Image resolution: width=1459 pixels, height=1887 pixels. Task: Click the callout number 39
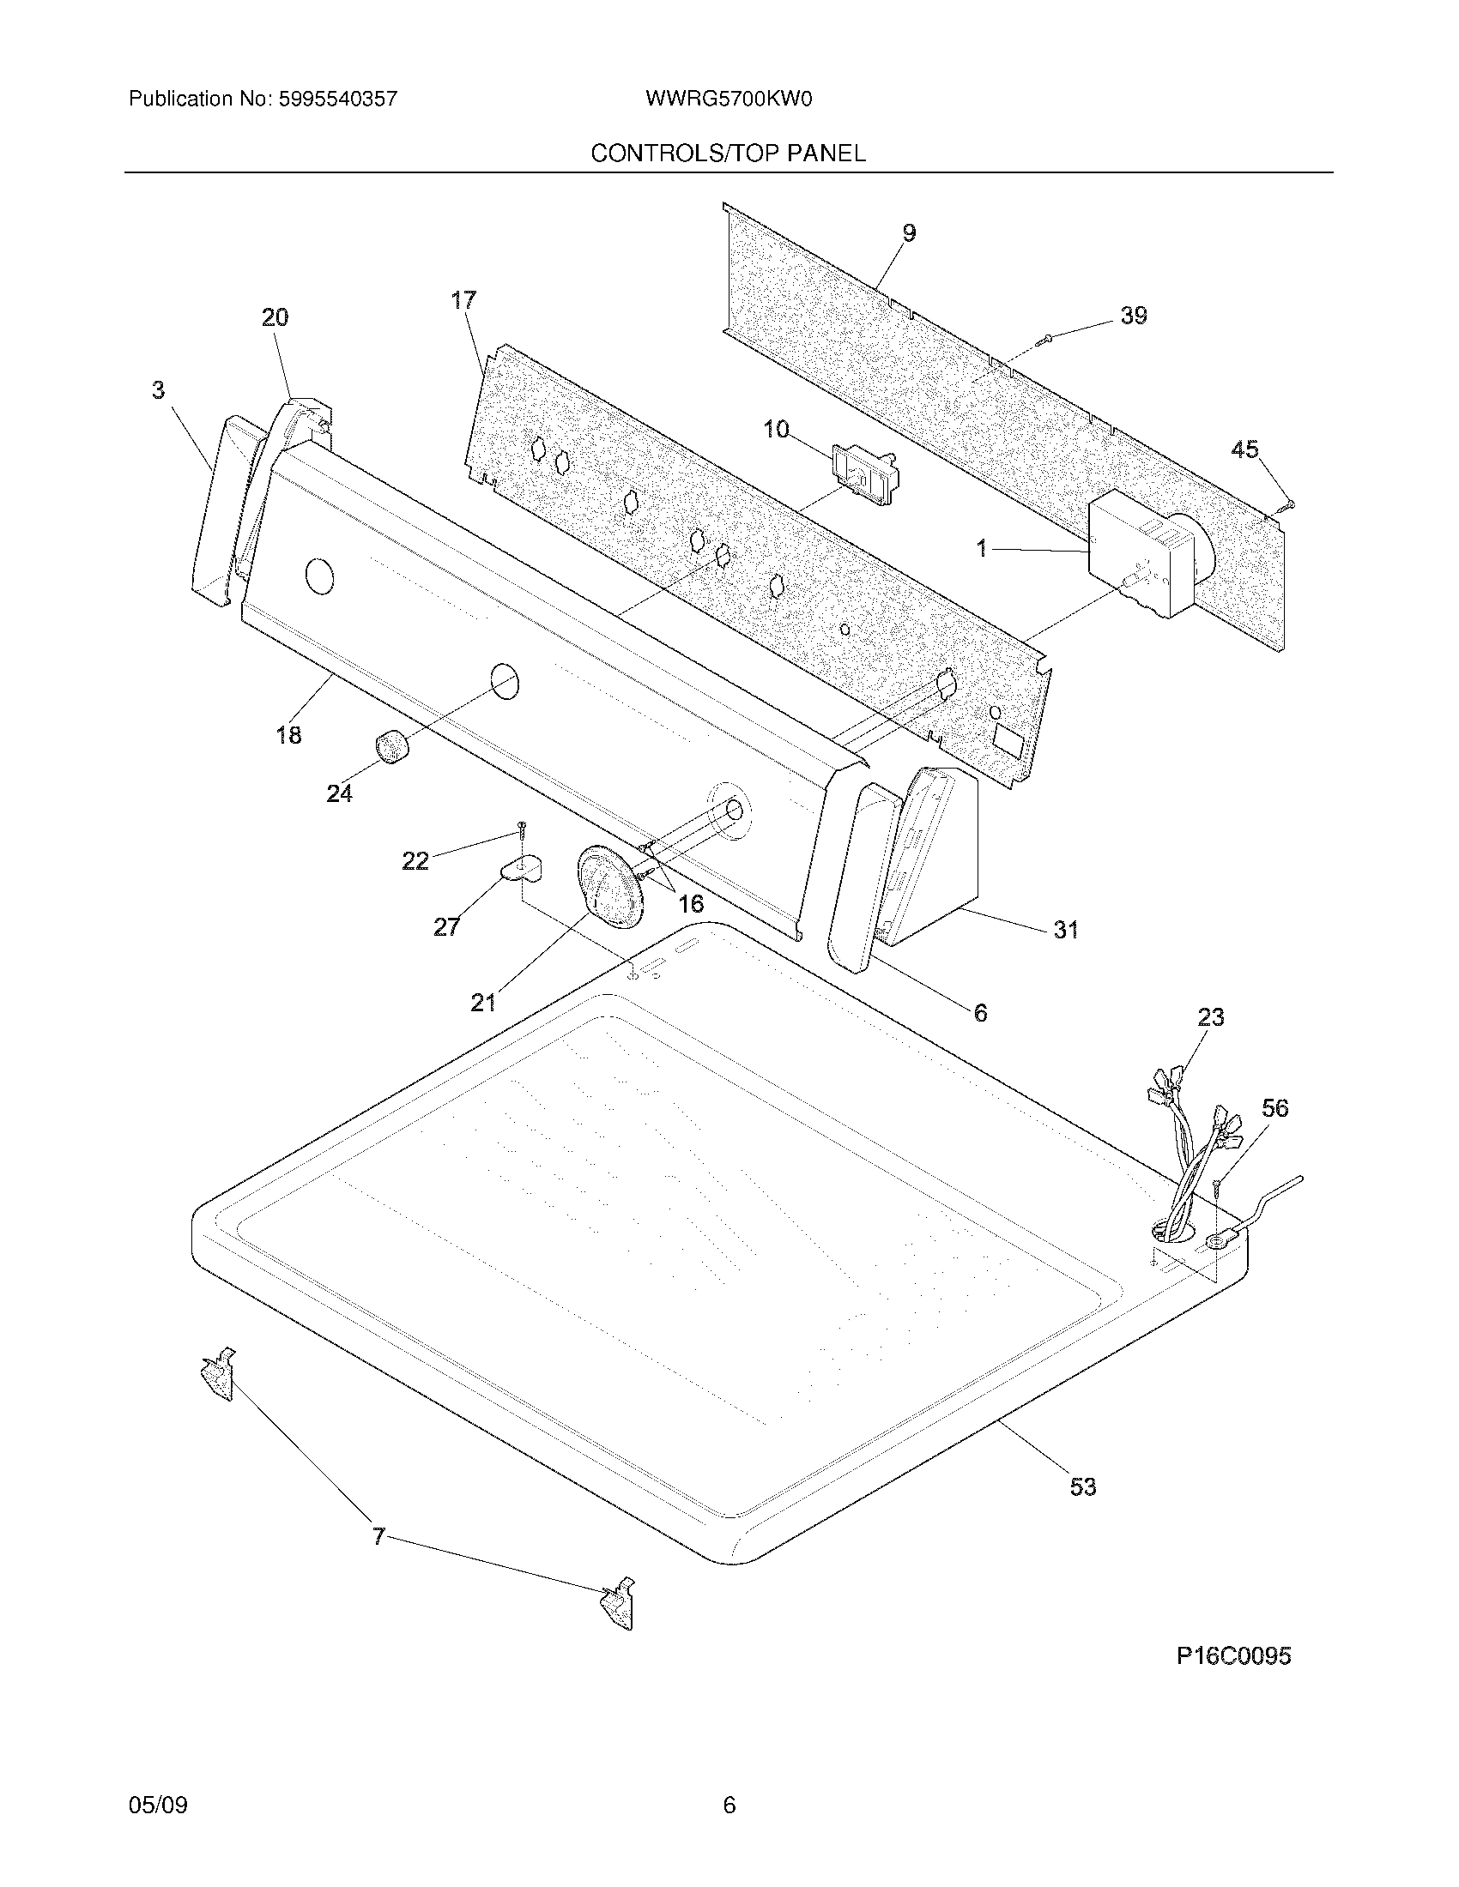1133,317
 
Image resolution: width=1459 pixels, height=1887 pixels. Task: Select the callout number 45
1244,449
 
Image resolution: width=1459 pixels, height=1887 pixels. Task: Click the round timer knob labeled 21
609,887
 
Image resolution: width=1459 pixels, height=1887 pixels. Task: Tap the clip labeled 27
522,867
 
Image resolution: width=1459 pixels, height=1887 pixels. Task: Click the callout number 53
1082,1487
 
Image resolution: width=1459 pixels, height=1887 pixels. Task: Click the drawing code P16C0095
1233,1656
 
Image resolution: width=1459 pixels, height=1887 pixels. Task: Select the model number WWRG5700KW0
728,99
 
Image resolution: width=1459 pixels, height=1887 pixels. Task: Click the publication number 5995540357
337,99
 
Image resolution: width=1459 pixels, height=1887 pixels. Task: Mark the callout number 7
378,1536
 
